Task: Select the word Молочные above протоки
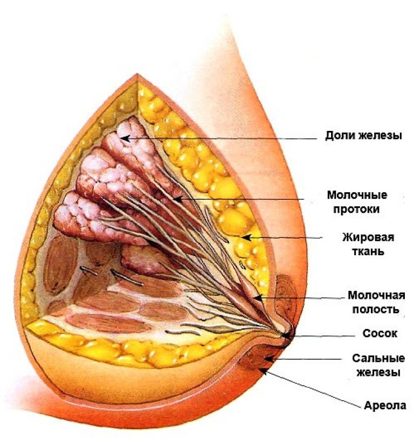click(357, 195)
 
